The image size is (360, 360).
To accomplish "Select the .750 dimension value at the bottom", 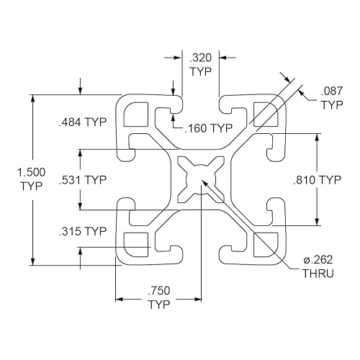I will [159, 292].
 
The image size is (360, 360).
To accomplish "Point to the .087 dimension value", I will [331, 92].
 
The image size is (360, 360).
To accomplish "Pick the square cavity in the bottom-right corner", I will [264, 245].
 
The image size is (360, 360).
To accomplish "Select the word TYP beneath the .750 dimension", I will [159, 305].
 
